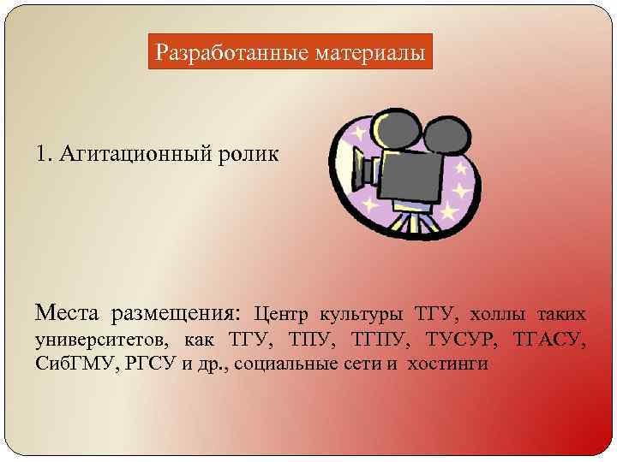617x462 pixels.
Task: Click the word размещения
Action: tap(183, 310)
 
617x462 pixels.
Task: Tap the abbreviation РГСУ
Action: tap(151, 363)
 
